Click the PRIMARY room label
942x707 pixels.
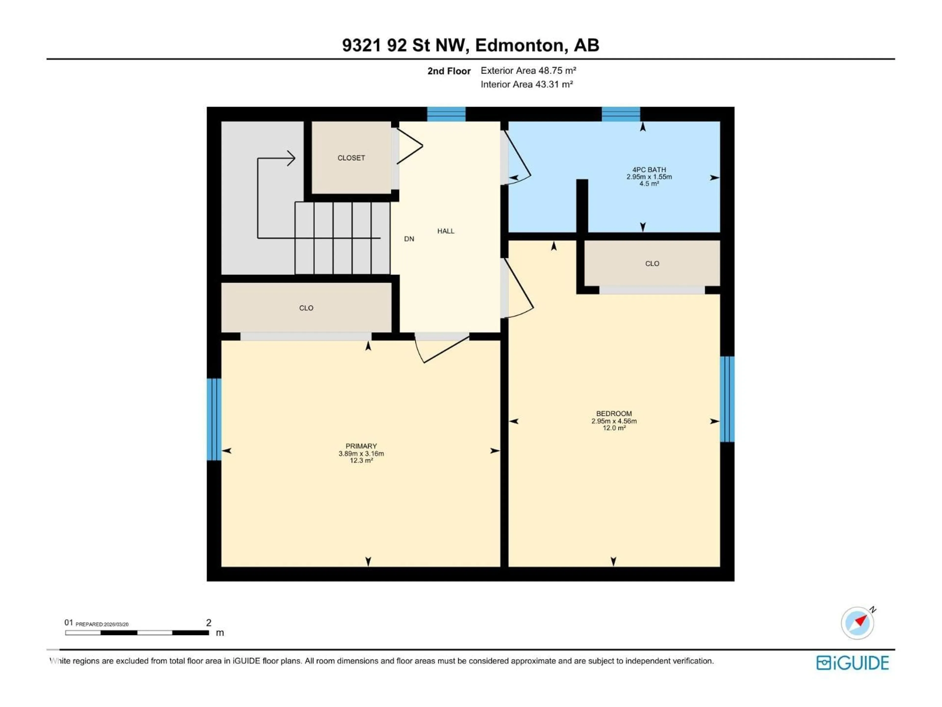point(361,446)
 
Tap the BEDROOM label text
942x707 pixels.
point(614,413)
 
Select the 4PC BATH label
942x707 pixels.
point(649,170)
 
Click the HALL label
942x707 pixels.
point(446,231)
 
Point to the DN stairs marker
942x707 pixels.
point(409,239)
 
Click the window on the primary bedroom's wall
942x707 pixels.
point(214,419)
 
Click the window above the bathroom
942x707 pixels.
point(620,114)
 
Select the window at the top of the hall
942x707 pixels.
point(446,114)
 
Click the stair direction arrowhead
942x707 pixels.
point(291,159)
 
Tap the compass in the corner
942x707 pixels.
point(857,623)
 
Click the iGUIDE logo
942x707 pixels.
point(852,663)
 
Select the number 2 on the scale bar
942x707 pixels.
point(209,623)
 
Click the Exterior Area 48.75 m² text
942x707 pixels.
point(528,71)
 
